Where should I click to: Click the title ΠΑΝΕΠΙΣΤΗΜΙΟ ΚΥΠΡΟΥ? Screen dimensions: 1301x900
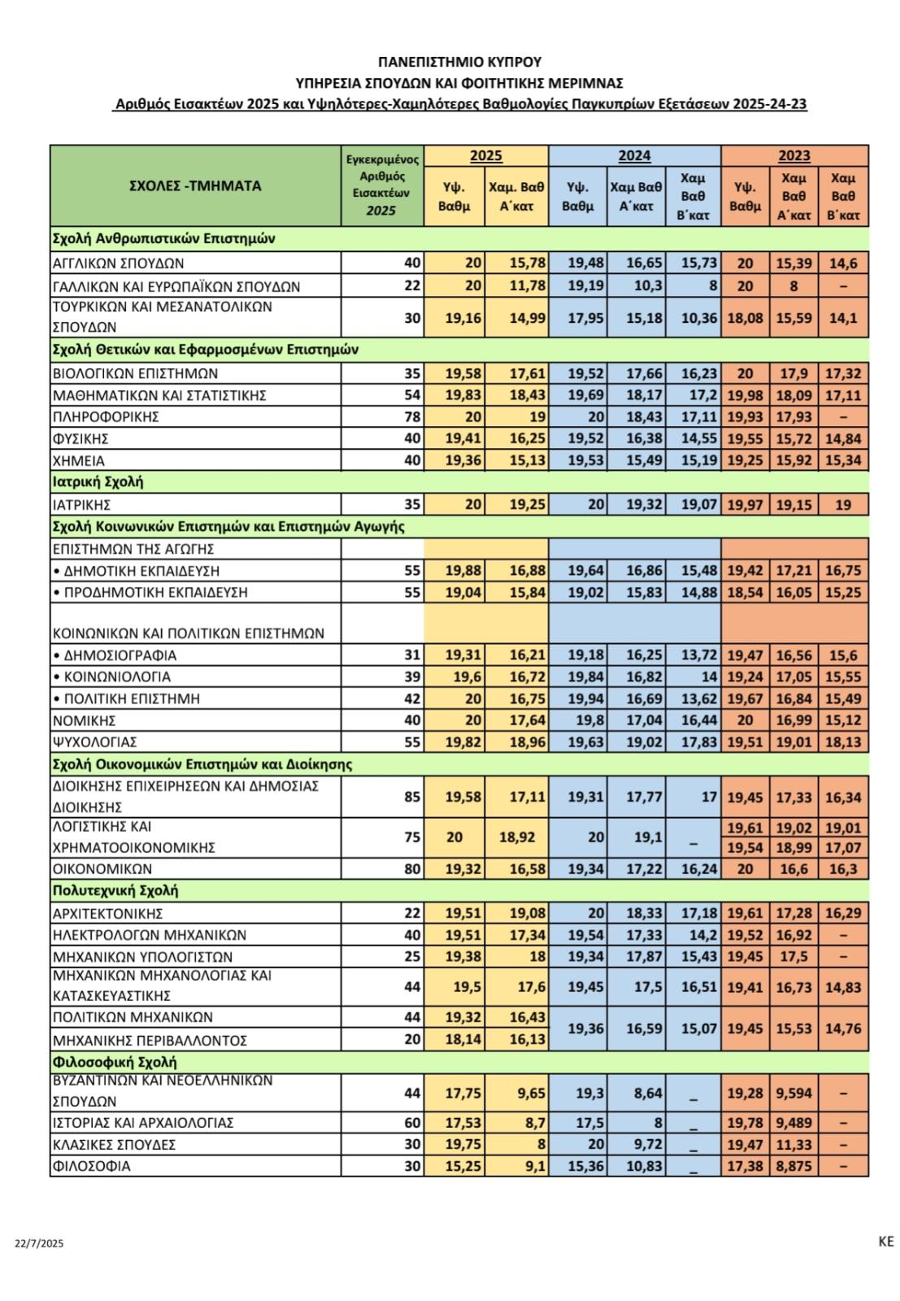459,62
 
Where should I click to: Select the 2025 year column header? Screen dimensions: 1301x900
486,156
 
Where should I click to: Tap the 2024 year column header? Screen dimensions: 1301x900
634,156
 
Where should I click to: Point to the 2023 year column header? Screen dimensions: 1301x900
794,156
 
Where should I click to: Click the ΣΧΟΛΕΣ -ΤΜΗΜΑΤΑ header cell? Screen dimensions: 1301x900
195,186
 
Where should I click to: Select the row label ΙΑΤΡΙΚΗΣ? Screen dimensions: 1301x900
81,504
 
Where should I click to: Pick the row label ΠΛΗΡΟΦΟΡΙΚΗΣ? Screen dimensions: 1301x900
106,417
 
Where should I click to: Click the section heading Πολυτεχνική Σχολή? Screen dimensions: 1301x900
115,890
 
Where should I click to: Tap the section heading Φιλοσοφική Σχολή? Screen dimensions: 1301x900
115,1062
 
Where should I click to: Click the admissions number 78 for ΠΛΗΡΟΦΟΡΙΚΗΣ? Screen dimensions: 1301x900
413,417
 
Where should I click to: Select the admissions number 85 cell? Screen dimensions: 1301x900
413,797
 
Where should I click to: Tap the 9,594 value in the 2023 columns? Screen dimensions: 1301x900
793,1093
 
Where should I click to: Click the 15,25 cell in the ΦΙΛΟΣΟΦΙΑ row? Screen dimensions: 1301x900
463,1166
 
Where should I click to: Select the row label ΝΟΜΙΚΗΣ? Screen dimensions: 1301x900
85,720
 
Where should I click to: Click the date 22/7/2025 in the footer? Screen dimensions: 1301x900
39,1243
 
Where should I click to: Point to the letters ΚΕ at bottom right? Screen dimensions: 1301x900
885,1241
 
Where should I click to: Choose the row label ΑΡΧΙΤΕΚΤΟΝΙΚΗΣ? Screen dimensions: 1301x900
108,913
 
